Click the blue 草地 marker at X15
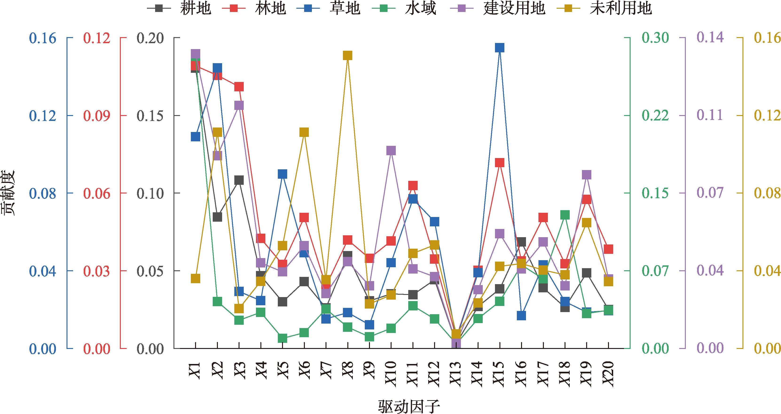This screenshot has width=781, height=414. click(500, 47)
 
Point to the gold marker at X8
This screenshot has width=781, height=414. click(347, 55)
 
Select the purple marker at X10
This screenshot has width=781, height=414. click(391, 151)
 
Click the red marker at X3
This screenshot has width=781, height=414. click(239, 87)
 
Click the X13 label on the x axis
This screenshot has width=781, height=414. click(456, 374)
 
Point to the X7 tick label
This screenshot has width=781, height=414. click(326, 370)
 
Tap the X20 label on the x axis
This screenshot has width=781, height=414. click(608, 374)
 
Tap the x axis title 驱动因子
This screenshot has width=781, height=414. click(409, 406)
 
